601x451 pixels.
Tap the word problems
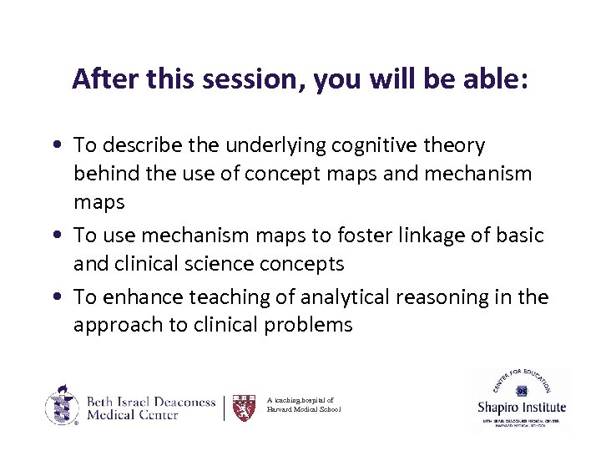(312, 326)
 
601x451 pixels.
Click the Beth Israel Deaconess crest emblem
(62, 406)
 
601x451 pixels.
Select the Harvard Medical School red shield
(243, 408)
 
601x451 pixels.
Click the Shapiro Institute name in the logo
(521, 408)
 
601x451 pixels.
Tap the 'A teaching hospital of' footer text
(300, 401)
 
